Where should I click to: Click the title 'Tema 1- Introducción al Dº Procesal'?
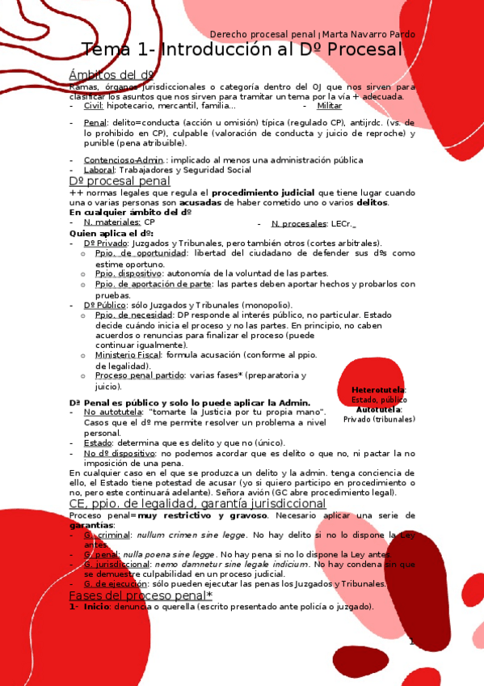pos(242,50)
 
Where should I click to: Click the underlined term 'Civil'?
pos(93,106)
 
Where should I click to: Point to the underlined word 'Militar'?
pos(329,106)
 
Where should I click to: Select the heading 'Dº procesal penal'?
pos(120,182)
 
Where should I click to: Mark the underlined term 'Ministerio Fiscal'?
pos(128,355)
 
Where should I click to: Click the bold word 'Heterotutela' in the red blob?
pos(379,390)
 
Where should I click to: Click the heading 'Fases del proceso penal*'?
pos(141,595)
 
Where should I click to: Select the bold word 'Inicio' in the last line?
pos(96,607)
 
